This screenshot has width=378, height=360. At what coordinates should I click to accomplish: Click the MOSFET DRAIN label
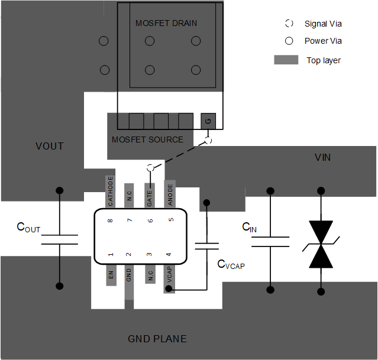(x=166, y=23)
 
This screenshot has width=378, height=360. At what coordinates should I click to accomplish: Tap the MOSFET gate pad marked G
(x=208, y=121)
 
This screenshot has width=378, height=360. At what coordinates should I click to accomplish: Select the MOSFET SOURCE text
(x=147, y=140)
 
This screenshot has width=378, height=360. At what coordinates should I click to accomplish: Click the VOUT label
(x=49, y=146)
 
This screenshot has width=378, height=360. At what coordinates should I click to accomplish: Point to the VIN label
(x=322, y=157)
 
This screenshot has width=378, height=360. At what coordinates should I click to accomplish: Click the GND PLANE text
(x=157, y=339)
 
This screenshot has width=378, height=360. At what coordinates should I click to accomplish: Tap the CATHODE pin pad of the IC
(x=110, y=191)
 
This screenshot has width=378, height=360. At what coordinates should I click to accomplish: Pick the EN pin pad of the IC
(x=111, y=275)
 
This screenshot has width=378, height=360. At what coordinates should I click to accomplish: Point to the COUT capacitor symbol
(x=59, y=239)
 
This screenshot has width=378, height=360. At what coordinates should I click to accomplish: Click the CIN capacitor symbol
(x=270, y=241)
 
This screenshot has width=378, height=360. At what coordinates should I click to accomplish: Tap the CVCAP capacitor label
(x=231, y=265)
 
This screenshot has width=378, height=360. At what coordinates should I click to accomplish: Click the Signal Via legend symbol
(x=289, y=24)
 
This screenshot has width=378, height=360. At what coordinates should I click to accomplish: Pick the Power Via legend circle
(x=289, y=41)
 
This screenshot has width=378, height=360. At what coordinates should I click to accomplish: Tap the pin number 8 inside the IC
(x=111, y=220)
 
